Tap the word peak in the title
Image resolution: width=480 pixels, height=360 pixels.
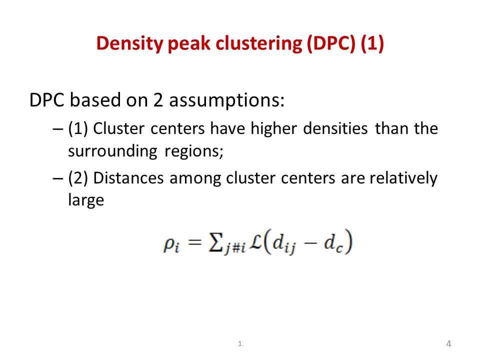click(189, 44)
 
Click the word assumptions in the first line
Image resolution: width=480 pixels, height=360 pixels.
click(226, 100)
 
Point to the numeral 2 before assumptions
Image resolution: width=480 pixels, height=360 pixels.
click(158, 100)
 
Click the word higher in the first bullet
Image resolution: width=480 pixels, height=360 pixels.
click(273, 129)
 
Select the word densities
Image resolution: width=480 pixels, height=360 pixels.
click(335, 128)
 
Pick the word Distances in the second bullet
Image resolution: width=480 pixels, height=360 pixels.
click(128, 178)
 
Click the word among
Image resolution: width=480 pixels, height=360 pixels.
click(195, 179)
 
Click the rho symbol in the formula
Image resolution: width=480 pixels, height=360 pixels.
click(171, 245)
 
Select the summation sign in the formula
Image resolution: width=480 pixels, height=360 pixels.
click(215, 242)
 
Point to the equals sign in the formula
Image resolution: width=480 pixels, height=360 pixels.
click(194, 243)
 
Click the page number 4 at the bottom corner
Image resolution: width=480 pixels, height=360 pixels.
click(448, 344)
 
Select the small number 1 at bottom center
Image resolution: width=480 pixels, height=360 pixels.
click(240, 344)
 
